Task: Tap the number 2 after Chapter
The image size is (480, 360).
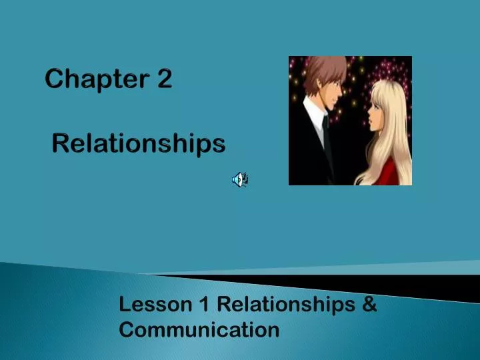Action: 165,80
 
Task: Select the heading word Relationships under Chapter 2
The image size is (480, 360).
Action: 139,143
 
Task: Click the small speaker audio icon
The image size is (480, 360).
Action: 239,179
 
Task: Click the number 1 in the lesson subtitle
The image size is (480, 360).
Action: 205,305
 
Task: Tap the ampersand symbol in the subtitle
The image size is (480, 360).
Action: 370,305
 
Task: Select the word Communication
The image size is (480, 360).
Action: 199,329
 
